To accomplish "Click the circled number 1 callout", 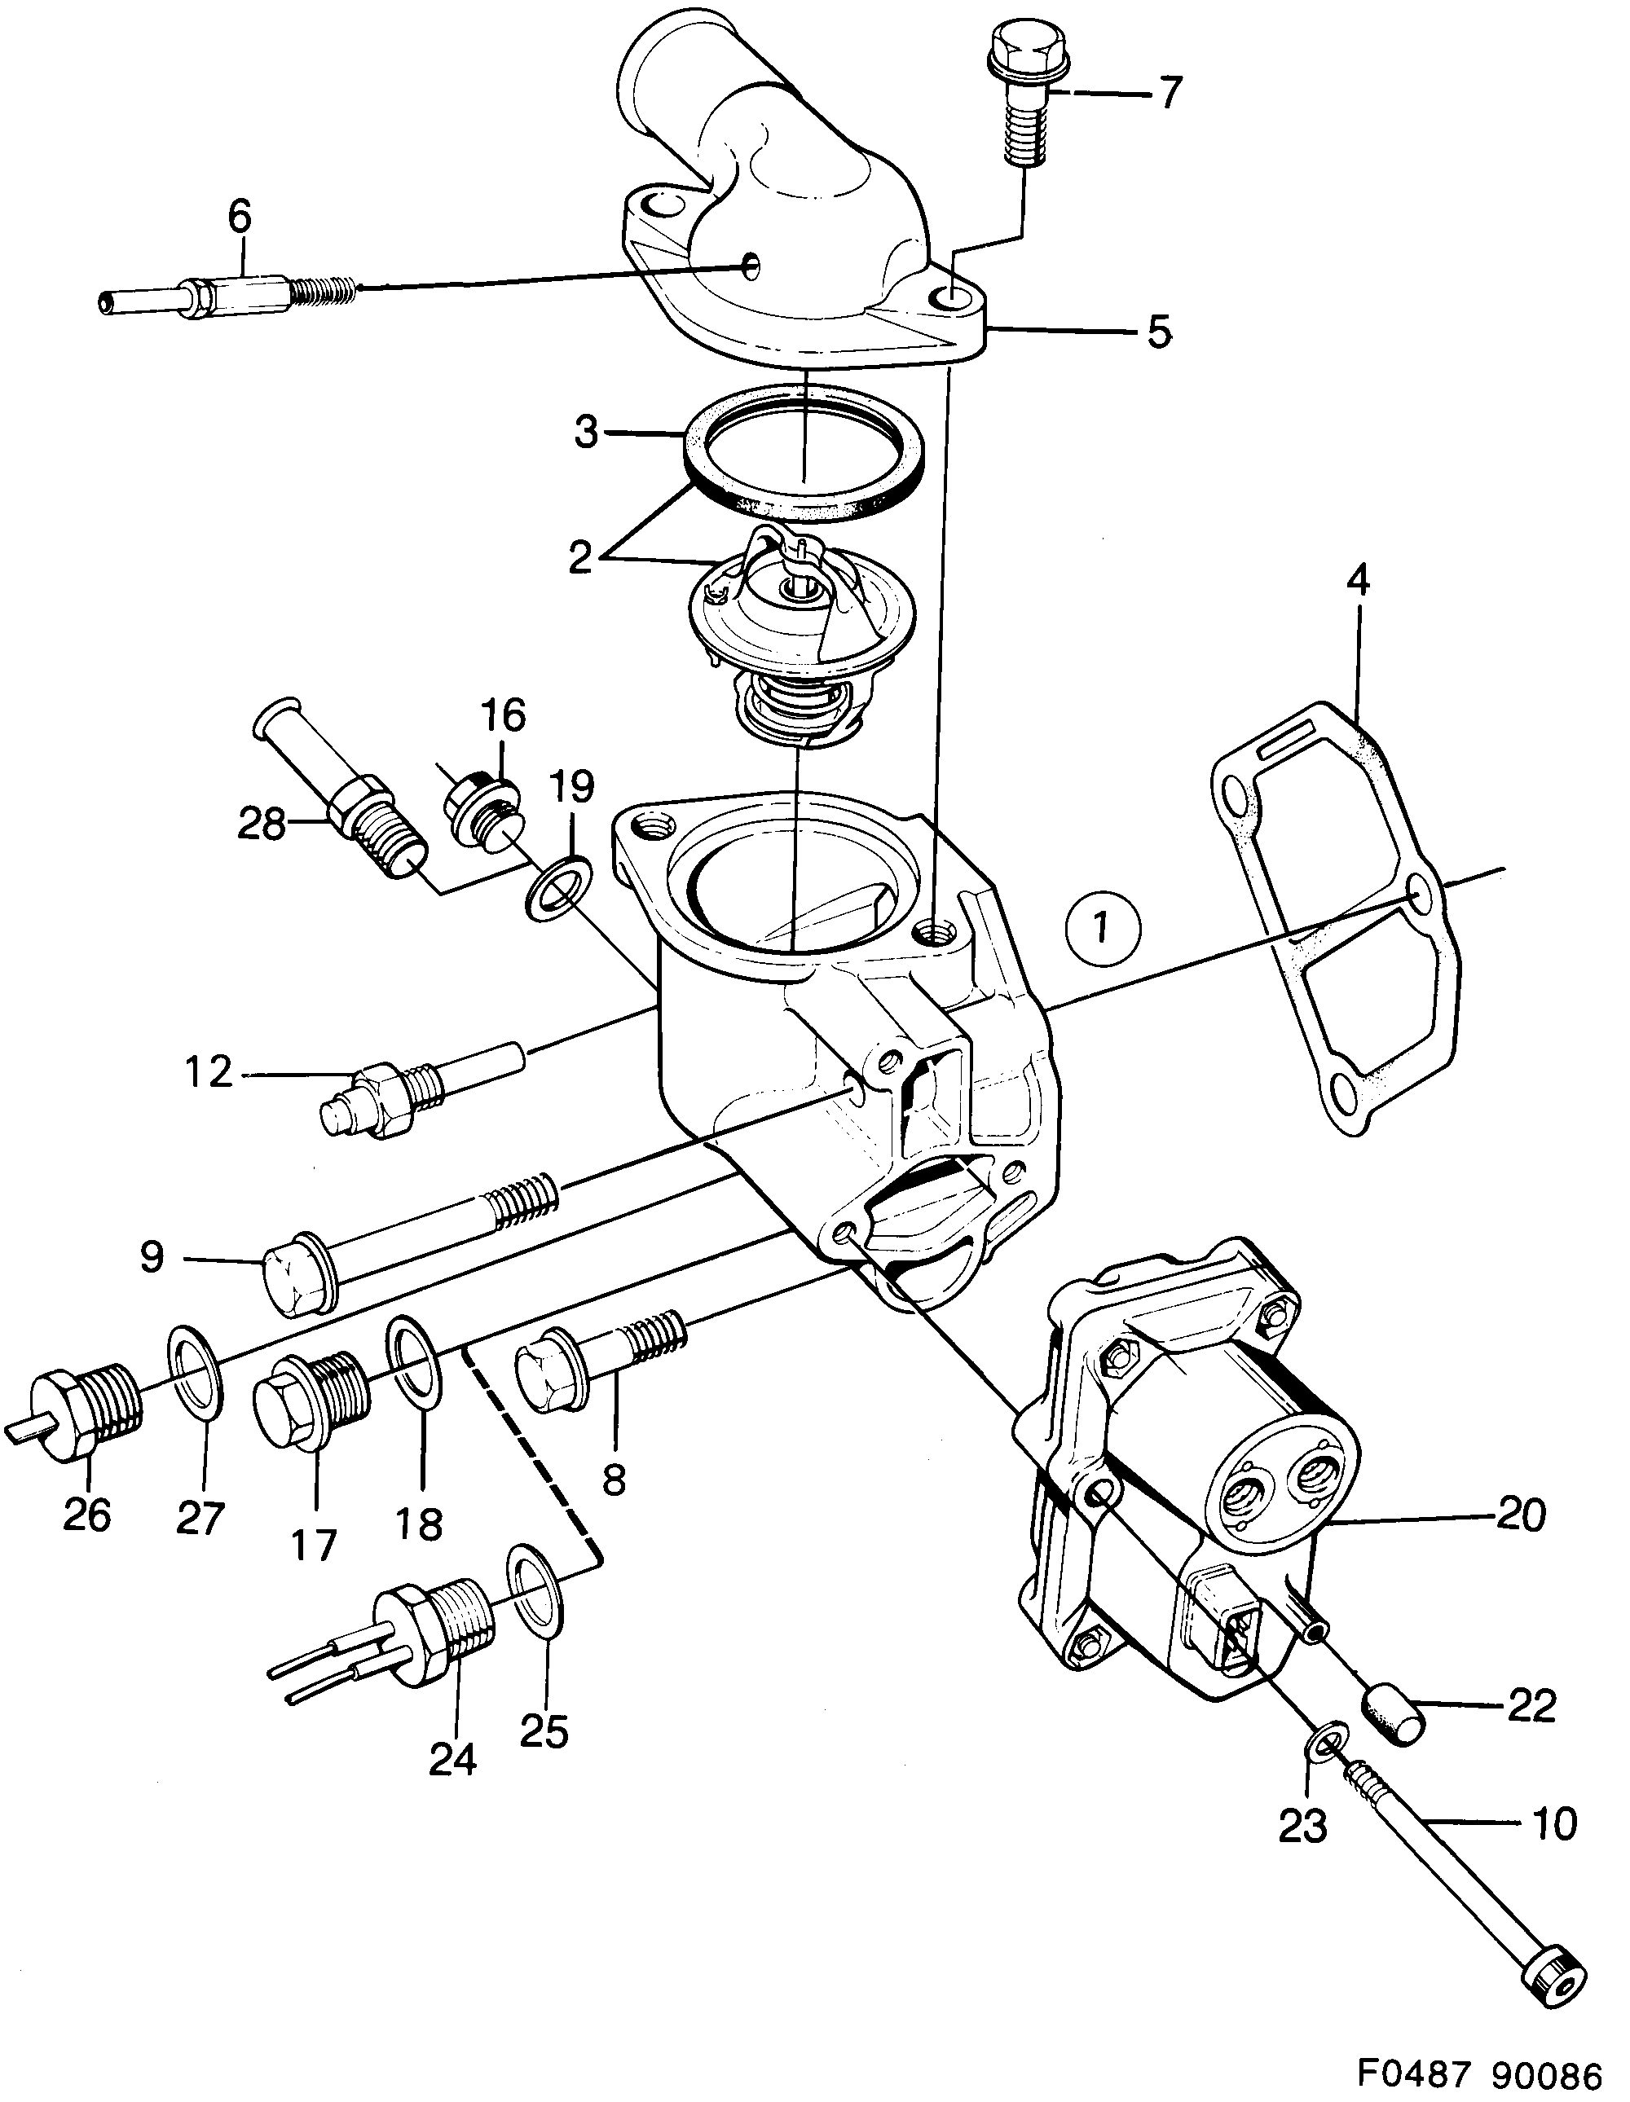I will (x=1104, y=929).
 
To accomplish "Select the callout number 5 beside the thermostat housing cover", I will (x=1159, y=333).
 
